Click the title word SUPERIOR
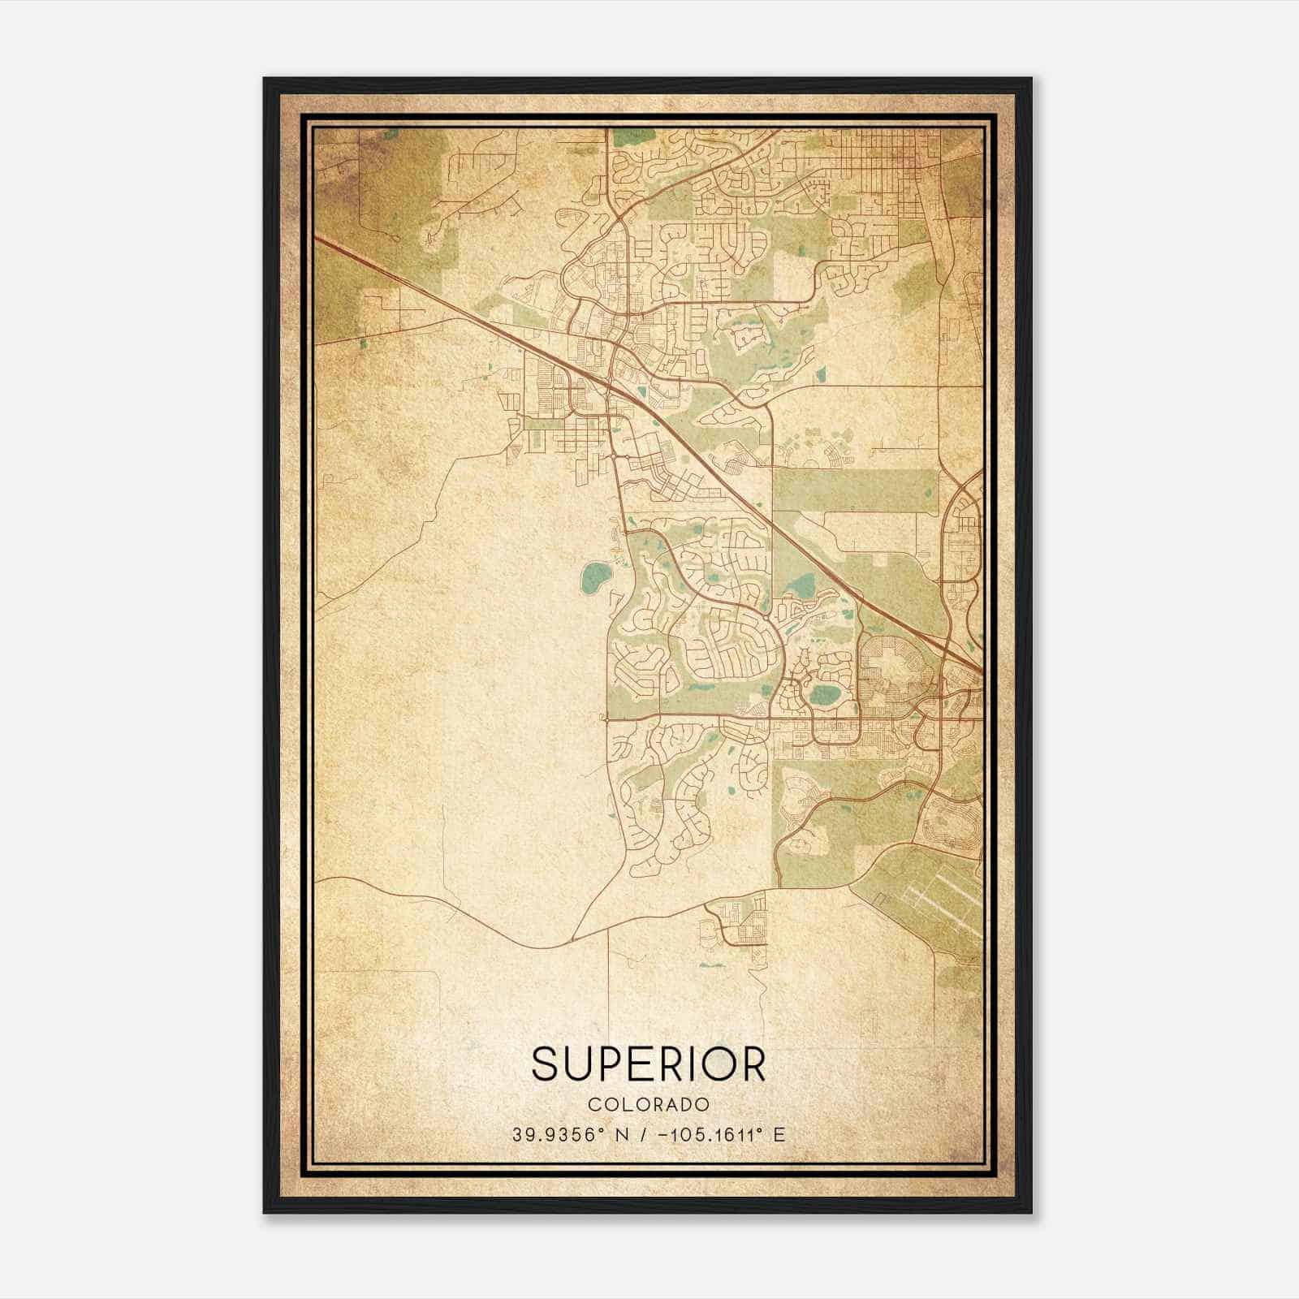pos(649,1064)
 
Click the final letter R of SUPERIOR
pos(753,1064)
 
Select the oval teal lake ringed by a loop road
pos(824,694)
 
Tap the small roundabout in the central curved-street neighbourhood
pos(767,619)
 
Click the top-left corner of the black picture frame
pos(265,79)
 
